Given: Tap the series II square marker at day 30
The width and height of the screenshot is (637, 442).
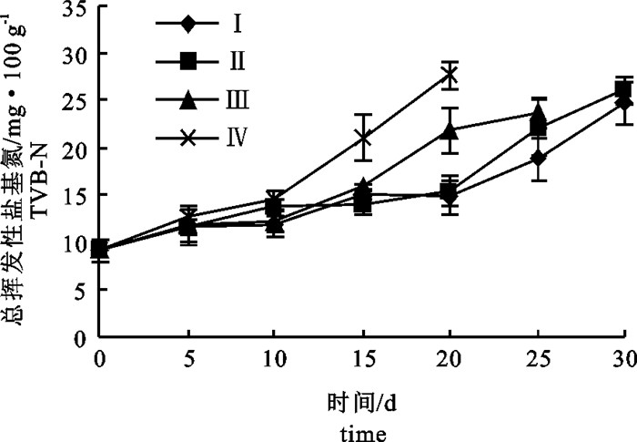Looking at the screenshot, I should click(x=623, y=89).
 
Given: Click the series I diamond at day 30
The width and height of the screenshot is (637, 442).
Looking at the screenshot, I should click(x=623, y=103).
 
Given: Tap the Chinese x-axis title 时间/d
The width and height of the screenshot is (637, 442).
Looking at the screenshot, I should click(x=362, y=401).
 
